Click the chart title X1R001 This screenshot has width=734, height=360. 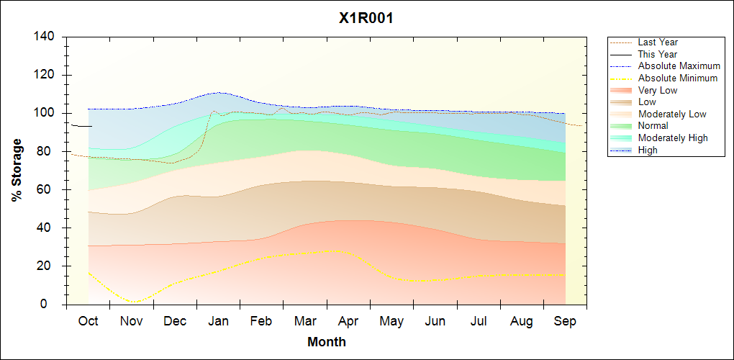[366, 19]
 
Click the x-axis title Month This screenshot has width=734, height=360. [327, 342]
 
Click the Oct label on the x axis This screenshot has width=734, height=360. [88, 321]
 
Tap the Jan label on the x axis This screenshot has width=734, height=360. [218, 321]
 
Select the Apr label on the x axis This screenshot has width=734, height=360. [348, 321]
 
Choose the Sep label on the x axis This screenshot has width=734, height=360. [565, 321]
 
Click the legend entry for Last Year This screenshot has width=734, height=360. [658, 42]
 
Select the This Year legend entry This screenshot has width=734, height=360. [658, 54]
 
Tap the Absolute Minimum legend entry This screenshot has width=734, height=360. [678, 78]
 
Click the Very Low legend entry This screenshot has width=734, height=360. [658, 90]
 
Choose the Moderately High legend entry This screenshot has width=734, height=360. [673, 138]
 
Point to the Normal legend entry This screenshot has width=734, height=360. [653, 126]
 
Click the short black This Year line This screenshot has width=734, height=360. [81, 126]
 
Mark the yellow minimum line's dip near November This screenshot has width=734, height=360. [132, 302]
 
